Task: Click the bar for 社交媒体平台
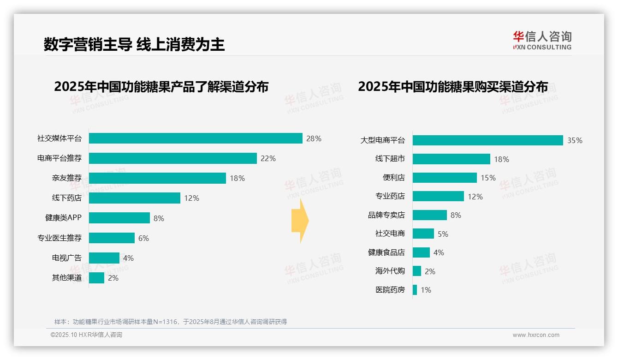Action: point(196,138)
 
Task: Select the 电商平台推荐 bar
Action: point(172,158)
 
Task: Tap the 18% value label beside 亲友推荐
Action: point(237,178)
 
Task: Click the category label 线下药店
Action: point(66,198)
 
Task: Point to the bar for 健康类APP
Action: point(119,218)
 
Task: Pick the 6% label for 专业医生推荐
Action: point(143,238)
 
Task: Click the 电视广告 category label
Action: point(66,258)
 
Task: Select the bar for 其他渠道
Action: point(96,278)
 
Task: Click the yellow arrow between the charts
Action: point(300,221)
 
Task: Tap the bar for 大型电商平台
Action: point(487,140)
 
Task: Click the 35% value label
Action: point(575,140)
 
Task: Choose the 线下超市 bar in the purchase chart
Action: point(451,159)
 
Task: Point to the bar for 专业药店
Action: point(438,196)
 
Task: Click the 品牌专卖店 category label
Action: point(386,215)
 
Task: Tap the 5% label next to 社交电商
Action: point(443,234)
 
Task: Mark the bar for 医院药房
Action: point(415,290)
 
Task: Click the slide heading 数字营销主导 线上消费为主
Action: point(134,45)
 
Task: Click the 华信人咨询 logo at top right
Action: point(542,40)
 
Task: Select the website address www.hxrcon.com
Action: point(535,335)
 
